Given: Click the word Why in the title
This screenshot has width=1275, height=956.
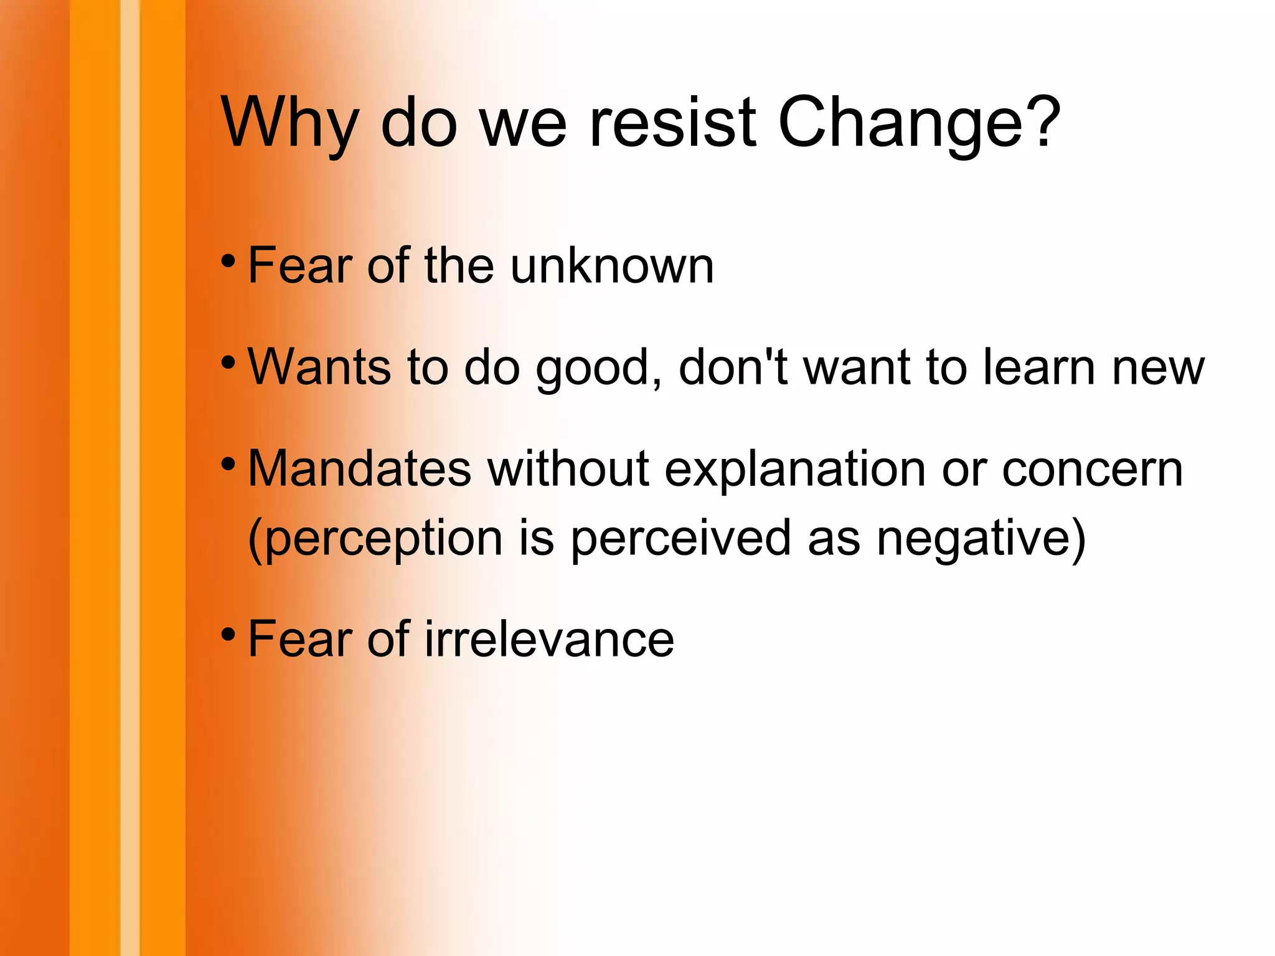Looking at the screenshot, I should (x=290, y=125).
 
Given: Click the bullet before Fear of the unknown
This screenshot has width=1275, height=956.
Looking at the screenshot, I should (x=228, y=261).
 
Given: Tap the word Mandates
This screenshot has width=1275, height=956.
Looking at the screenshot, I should (x=360, y=468).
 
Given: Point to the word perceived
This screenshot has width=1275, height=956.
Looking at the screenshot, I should (x=681, y=539).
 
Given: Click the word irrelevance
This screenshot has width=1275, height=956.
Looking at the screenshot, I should (x=549, y=639).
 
